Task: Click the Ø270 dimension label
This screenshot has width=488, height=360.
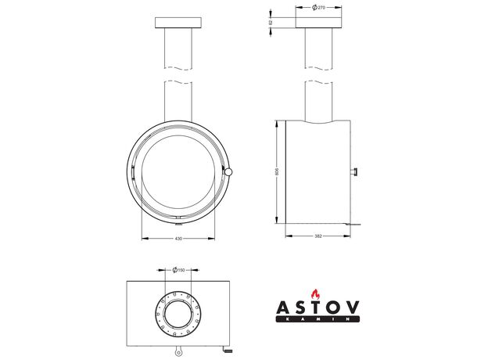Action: (318, 8)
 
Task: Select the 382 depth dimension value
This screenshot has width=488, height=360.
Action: (318, 236)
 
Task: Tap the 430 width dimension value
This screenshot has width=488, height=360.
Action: (178, 239)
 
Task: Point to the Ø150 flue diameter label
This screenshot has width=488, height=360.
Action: (178, 270)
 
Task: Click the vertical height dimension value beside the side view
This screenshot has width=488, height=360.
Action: (278, 172)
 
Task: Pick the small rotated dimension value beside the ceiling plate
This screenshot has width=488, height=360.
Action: (271, 23)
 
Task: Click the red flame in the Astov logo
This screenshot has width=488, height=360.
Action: (316, 294)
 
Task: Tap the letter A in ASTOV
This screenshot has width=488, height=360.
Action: (284, 308)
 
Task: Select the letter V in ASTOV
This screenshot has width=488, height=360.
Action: (352, 308)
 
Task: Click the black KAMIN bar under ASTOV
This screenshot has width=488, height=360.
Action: (318, 319)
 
